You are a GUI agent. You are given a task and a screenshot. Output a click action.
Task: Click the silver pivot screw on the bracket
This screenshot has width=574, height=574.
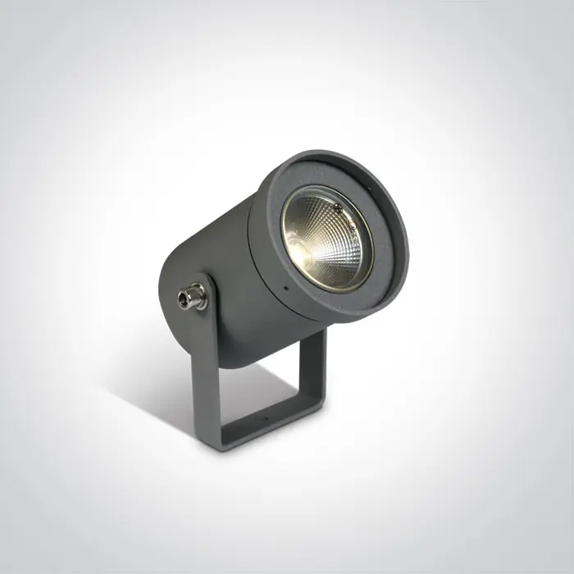[x=194, y=296]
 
